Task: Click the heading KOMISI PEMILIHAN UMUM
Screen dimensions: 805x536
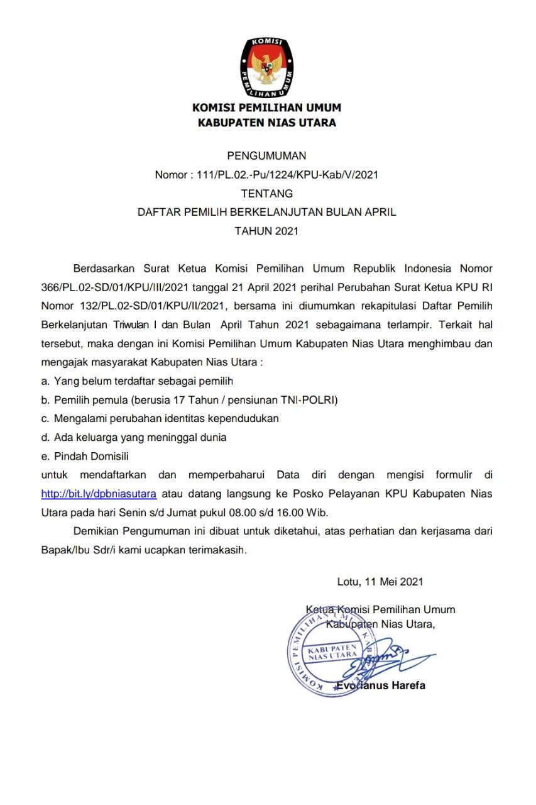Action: tap(266, 108)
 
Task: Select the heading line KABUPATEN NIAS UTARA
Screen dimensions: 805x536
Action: tap(266, 123)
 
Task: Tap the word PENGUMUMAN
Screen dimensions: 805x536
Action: tap(266, 156)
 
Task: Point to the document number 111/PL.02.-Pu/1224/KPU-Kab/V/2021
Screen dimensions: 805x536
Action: tap(287, 175)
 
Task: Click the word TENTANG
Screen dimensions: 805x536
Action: tap(266, 194)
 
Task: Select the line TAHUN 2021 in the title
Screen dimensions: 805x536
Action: tap(266, 231)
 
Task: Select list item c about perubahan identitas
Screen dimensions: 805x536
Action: tap(160, 418)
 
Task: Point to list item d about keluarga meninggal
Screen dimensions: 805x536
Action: tap(134, 437)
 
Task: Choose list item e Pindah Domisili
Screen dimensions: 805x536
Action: tap(85, 456)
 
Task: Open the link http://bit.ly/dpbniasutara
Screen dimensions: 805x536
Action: tap(99, 494)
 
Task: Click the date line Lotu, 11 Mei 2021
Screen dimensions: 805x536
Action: tap(380, 581)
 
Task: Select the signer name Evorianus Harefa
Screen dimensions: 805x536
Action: tap(381, 685)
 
